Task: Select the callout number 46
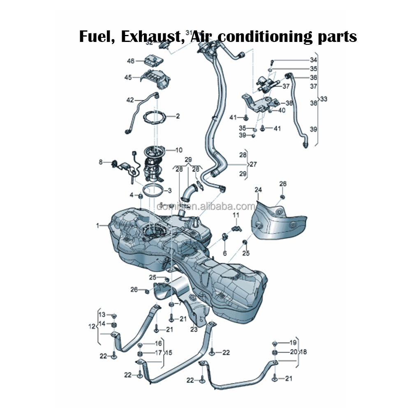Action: point(131,61)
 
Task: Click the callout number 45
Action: point(128,77)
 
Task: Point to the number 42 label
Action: point(130,100)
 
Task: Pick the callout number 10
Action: point(179,150)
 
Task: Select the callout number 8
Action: point(100,162)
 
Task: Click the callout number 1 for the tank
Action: point(98,225)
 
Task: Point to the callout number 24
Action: point(258,190)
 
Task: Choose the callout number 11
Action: point(236,215)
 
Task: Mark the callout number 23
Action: point(194,329)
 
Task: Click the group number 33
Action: point(324,99)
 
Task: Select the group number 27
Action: point(253,164)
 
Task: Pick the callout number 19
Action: point(293,342)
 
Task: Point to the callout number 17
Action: point(158,353)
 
